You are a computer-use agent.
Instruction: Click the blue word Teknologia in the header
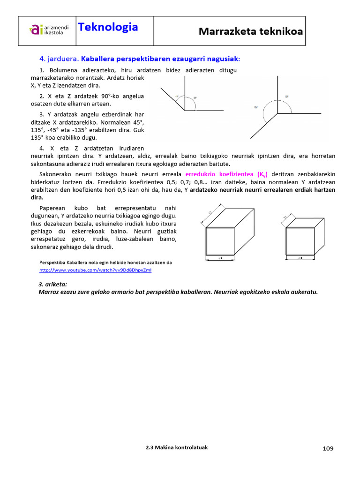click(x=108, y=27)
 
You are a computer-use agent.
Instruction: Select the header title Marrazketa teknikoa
click(x=250, y=31)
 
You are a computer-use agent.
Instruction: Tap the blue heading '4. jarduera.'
click(x=59, y=59)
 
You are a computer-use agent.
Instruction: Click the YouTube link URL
click(x=96, y=270)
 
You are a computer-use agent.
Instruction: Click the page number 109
click(x=328, y=449)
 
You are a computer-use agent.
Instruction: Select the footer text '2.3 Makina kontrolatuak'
click(x=177, y=447)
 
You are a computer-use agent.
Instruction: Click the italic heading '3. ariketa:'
click(x=52, y=284)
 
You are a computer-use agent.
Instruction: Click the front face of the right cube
click(x=300, y=241)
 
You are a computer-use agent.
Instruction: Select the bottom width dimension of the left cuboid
click(x=220, y=258)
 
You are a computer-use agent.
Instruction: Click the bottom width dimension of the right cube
click(x=300, y=258)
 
